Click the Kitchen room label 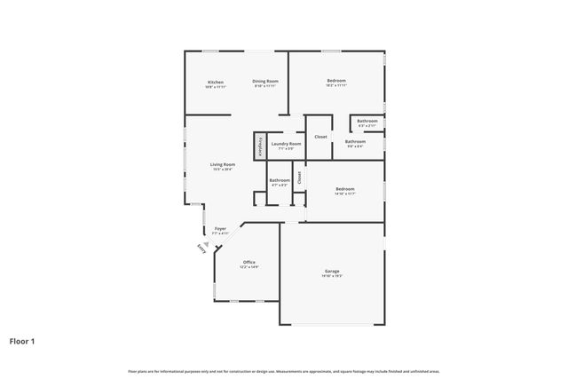pos(216,81)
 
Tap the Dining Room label pos(265,81)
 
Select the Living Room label pos(223,164)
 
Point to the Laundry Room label pos(286,143)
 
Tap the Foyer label pos(220,228)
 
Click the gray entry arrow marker pos(206,242)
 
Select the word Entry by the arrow pos(201,249)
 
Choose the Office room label pos(249,262)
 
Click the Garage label pos(332,271)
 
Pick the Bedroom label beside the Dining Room pos(335,81)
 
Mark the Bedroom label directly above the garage pos(344,188)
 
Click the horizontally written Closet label pos(320,137)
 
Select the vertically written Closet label pos(300,177)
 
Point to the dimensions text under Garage pos(332,276)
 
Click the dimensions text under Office pos(249,267)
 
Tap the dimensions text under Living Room pos(223,170)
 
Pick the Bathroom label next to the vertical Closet pos(280,180)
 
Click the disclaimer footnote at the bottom pos(284,371)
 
